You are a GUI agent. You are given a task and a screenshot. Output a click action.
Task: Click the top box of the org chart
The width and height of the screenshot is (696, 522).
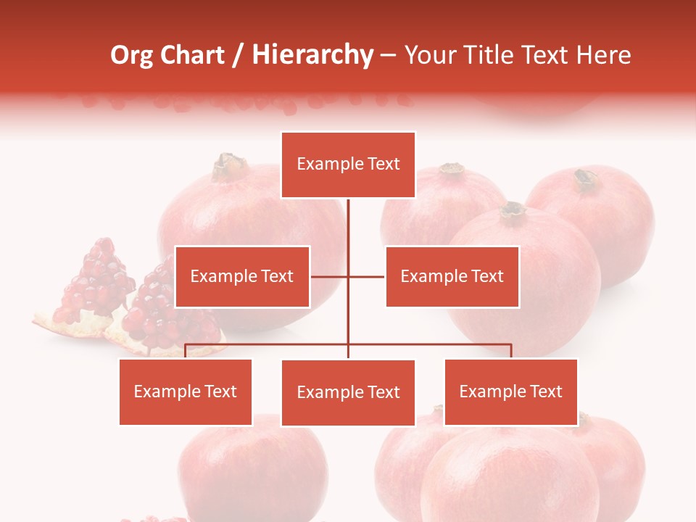pyautogui.click(x=348, y=165)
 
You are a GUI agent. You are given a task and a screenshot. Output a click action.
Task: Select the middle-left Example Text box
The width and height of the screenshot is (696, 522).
pyautogui.click(x=242, y=276)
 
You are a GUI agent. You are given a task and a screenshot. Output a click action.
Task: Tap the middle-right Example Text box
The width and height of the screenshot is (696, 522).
pyautogui.click(x=452, y=276)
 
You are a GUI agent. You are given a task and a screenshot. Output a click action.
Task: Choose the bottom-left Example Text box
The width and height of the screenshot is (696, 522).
pyautogui.click(x=186, y=391)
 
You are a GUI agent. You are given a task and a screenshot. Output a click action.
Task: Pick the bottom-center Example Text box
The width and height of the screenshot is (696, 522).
pyautogui.click(x=348, y=392)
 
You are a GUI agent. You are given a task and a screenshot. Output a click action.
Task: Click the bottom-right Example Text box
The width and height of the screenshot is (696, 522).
pyautogui.click(x=510, y=391)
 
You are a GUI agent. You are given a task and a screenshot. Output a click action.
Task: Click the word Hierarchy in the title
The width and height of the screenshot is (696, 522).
pyautogui.click(x=312, y=55)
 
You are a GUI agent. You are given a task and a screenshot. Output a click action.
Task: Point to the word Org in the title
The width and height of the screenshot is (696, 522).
pyautogui.click(x=131, y=55)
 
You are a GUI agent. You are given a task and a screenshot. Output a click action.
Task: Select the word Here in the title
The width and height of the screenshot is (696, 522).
pyautogui.click(x=603, y=55)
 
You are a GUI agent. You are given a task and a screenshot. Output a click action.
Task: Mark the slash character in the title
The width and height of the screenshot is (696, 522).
pyautogui.click(x=238, y=55)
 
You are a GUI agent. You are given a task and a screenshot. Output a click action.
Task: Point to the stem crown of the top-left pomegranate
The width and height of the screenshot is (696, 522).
pyautogui.click(x=230, y=167)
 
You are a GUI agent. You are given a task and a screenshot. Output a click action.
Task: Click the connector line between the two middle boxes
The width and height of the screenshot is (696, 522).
pyautogui.click(x=348, y=276)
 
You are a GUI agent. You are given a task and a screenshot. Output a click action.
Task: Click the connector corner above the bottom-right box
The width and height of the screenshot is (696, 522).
pyautogui.click(x=510, y=345)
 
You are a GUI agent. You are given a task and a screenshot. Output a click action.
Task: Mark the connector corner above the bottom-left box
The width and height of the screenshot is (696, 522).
pyautogui.click(x=186, y=345)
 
